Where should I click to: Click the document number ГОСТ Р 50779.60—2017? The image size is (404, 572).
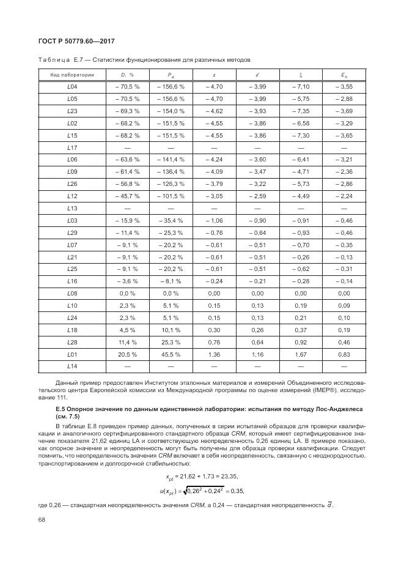coord(73,41)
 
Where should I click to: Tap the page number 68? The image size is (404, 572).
coord(42,519)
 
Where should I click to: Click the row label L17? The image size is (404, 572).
coord(72,148)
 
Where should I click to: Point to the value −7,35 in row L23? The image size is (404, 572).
coord(301,111)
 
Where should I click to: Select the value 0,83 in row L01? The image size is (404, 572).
coord(344,354)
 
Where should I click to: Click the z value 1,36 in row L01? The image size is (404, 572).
coord(214,354)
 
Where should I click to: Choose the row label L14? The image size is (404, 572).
coord(72,366)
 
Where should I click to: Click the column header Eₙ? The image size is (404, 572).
coord(344,75)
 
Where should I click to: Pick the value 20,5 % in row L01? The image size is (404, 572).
coord(128,354)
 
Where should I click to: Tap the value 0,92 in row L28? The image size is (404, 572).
coord(301,342)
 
